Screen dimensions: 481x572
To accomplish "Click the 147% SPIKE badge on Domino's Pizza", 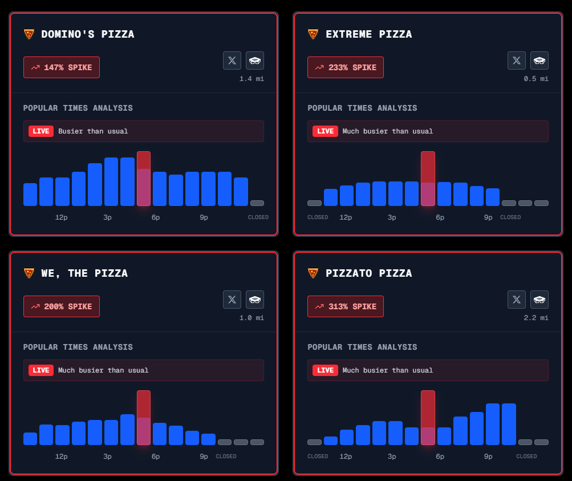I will [62, 67].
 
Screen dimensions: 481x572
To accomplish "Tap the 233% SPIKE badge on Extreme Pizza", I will [346, 67].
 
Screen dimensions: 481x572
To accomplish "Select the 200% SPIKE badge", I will [62, 306].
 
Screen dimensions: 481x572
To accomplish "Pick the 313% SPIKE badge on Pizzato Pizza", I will [346, 306].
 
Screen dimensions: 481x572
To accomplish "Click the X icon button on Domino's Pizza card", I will [232, 60].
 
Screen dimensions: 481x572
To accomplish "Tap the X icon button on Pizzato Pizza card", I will [517, 300].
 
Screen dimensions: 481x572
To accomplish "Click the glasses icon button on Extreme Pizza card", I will [539, 60].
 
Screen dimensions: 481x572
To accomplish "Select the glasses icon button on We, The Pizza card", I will [255, 300].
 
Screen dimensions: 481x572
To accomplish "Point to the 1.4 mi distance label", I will [251, 79].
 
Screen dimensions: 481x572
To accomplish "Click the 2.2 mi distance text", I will [536, 318].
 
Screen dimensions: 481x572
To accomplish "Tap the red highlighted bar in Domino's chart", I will [144, 178].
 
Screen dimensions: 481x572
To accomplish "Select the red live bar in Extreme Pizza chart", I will [428, 178].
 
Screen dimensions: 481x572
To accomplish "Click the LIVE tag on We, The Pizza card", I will [41, 370].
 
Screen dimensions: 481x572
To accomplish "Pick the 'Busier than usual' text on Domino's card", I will [93, 131].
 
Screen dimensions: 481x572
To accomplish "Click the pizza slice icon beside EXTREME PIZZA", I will [313, 34].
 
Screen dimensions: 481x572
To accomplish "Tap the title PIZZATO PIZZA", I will [368, 273].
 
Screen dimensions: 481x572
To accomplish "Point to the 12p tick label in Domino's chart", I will [62, 217].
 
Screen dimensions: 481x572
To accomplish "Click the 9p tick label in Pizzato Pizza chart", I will [488, 456].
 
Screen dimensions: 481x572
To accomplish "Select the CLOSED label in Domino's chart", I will [258, 217].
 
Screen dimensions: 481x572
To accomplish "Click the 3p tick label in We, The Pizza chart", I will [107, 456].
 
